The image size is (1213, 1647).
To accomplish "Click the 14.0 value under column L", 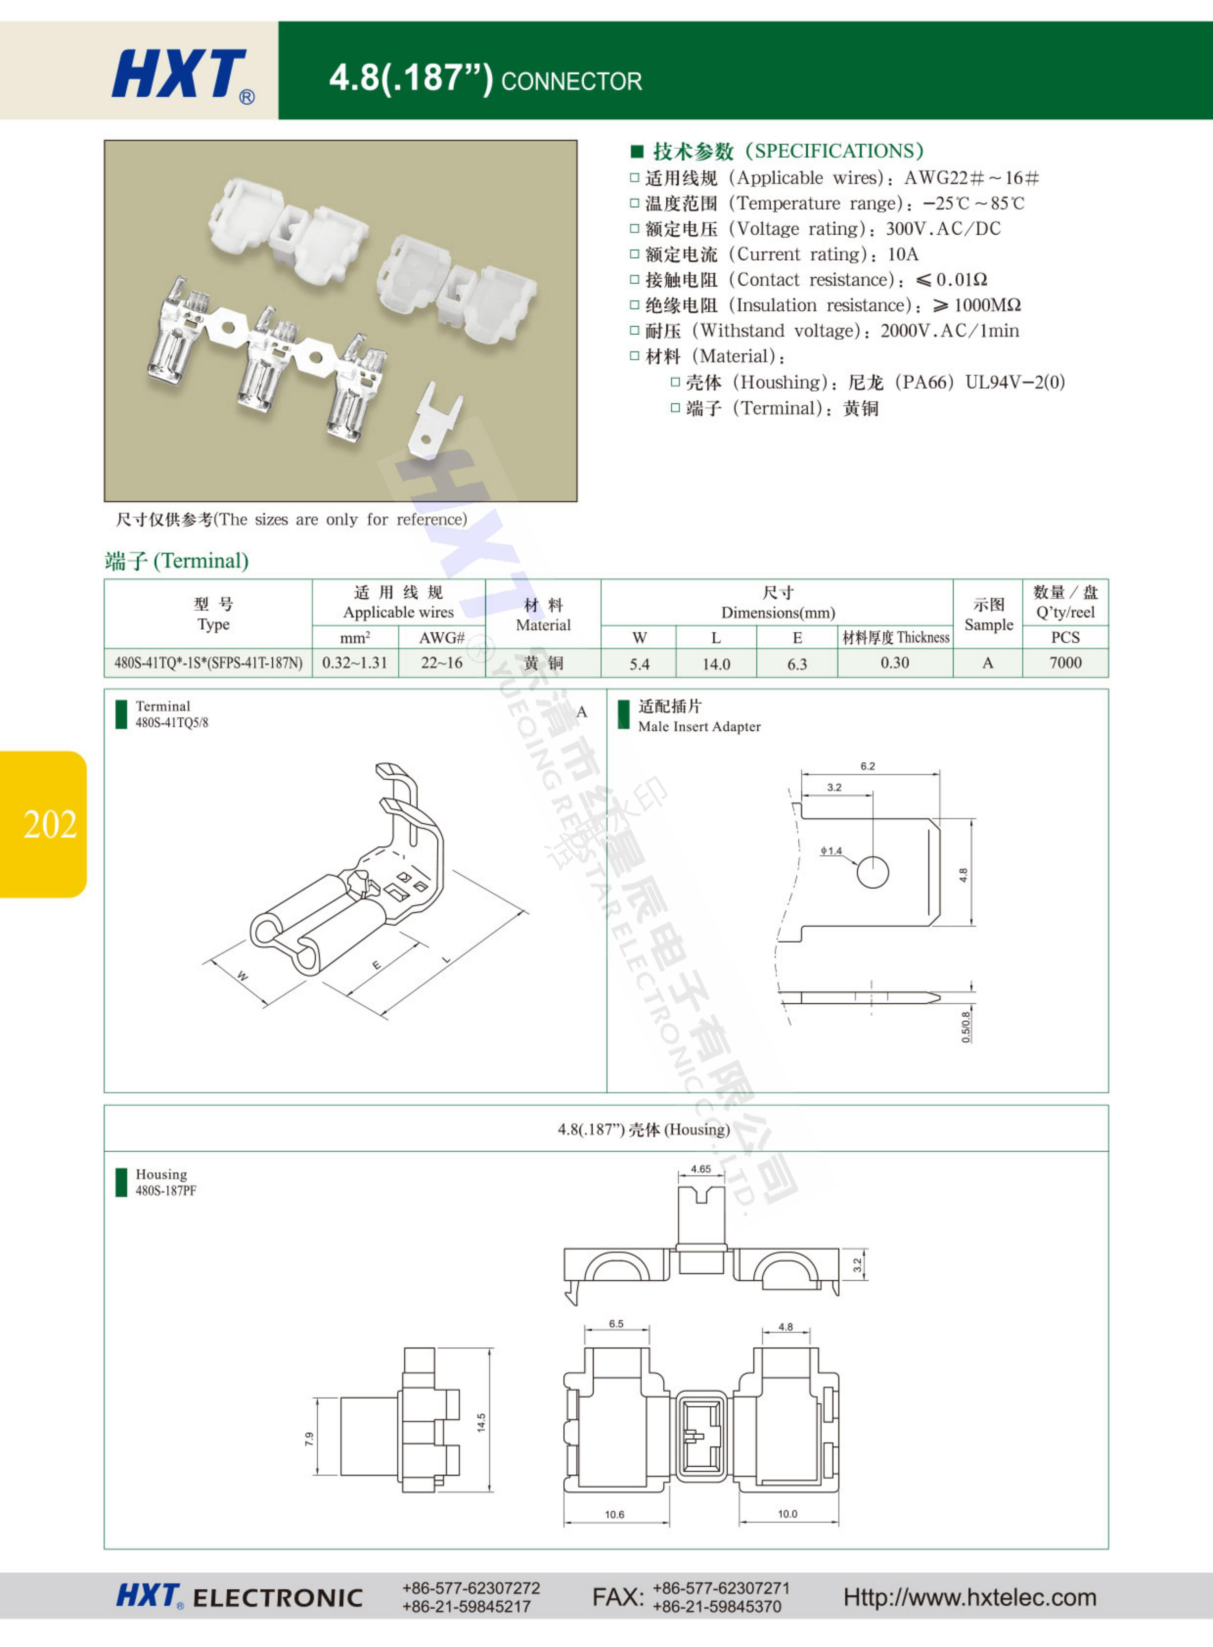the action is pos(716,664).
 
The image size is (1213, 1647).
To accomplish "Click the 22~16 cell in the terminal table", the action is pos(441,662).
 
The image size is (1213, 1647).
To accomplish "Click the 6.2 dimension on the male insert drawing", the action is pos(868,766).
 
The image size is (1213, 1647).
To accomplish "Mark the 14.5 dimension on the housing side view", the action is pos(481,1422).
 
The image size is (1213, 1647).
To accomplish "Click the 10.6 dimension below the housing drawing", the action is pos(615,1514).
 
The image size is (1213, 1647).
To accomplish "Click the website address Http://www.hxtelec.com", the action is pos(969,1597).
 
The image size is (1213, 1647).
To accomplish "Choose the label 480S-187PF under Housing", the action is pos(166,1190).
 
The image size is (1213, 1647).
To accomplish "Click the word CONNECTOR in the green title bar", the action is pos(571,81).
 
